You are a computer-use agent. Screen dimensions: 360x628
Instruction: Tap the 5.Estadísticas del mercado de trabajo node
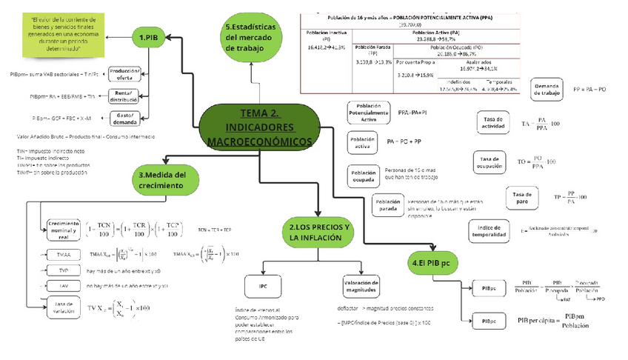point(251,38)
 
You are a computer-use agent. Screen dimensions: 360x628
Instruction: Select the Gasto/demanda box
point(124,117)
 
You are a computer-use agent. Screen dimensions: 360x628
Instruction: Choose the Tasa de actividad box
point(493,123)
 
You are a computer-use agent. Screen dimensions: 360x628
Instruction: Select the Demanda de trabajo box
point(547,90)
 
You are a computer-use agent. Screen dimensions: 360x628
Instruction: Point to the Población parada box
point(388,205)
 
